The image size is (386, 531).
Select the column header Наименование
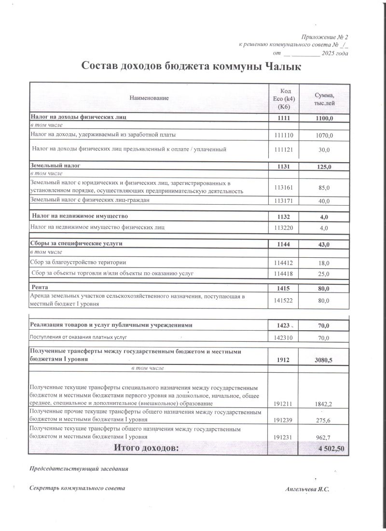point(149,98)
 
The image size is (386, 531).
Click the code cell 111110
point(284,135)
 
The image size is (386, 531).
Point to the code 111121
point(284,150)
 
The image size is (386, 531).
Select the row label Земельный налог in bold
point(55,166)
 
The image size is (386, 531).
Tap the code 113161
point(284,187)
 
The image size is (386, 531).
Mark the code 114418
point(284,274)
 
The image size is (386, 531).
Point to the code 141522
point(284,301)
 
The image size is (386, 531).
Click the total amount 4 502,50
point(328,449)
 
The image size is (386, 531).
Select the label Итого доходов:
point(146,449)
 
